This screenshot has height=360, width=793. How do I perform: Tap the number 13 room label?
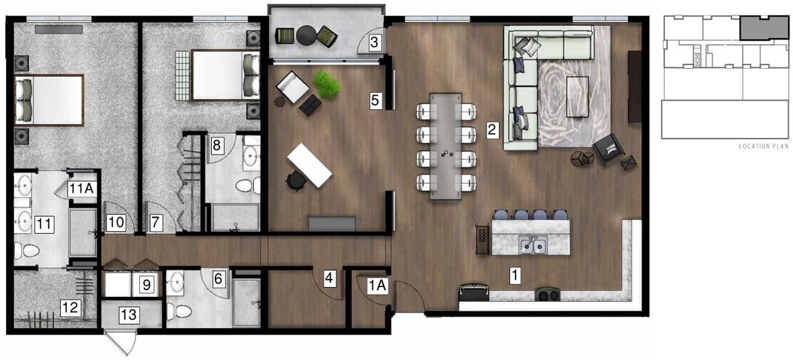click(128, 315)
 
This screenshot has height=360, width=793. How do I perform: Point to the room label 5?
click(375, 100)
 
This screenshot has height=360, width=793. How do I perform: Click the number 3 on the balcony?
click(374, 43)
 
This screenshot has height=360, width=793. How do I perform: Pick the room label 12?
click(69, 306)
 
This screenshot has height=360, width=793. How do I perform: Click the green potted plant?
click(326, 84)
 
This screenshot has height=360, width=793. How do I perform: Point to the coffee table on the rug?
click(577, 96)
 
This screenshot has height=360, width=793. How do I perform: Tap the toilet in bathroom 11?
click(27, 250)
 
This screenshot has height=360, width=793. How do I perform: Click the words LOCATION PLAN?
click(763, 147)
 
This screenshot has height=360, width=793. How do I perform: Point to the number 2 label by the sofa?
click(492, 130)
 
